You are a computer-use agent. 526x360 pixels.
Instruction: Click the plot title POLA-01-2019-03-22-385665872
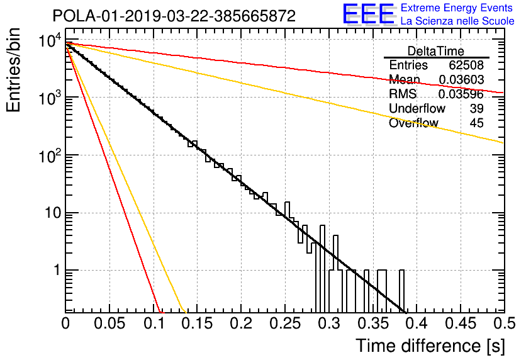(x=174, y=16)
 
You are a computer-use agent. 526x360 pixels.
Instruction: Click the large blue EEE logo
(x=369, y=14)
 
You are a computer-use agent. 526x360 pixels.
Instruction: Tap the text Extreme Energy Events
(x=457, y=8)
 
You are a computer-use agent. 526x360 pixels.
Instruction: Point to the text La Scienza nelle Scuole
(x=457, y=21)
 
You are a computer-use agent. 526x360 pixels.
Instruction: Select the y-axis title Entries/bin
(x=13, y=70)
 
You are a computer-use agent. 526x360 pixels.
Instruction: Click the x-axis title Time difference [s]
(x=430, y=346)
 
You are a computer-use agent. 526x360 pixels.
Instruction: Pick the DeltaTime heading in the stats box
(x=436, y=51)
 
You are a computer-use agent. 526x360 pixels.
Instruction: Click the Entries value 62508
(x=466, y=65)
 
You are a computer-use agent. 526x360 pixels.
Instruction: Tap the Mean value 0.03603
(x=462, y=79)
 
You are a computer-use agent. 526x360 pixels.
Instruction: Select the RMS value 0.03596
(x=461, y=94)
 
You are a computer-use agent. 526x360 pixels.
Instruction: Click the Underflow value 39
(x=477, y=108)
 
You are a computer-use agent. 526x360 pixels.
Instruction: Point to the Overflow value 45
(x=477, y=123)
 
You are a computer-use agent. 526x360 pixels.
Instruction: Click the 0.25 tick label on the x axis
(x=285, y=323)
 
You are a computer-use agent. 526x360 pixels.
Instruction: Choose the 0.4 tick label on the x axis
(x=417, y=323)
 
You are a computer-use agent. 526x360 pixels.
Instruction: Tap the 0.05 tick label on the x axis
(x=109, y=323)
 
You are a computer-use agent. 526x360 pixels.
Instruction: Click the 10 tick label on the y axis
(x=53, y=213)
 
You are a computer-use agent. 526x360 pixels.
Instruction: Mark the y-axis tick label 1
(x=57, y=270)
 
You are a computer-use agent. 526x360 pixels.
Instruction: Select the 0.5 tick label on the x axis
(x=504, y=323)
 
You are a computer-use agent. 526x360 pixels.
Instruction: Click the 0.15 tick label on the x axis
(x=197, y=323)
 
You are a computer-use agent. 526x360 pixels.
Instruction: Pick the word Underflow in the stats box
(x=417, y=108)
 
